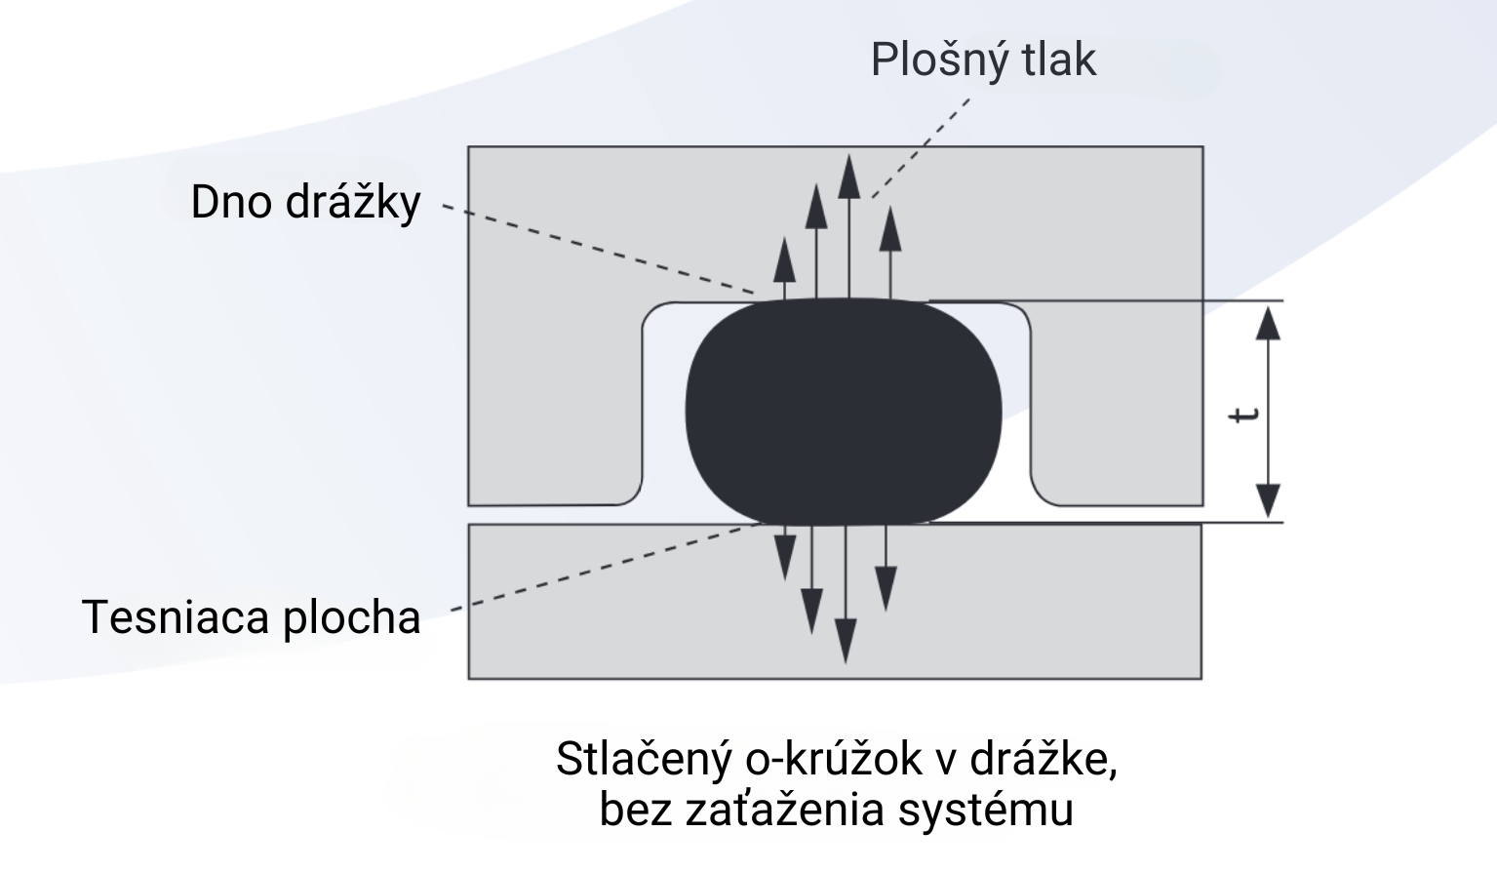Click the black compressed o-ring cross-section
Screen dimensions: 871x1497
click(844, 412)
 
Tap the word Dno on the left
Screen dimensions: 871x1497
click(231, 203)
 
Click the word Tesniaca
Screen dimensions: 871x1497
click(175, 617)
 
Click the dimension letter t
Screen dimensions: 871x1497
click(1243, 414)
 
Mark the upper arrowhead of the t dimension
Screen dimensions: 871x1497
click(1267, 322)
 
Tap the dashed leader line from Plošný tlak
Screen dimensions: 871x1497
click(922, 146)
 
